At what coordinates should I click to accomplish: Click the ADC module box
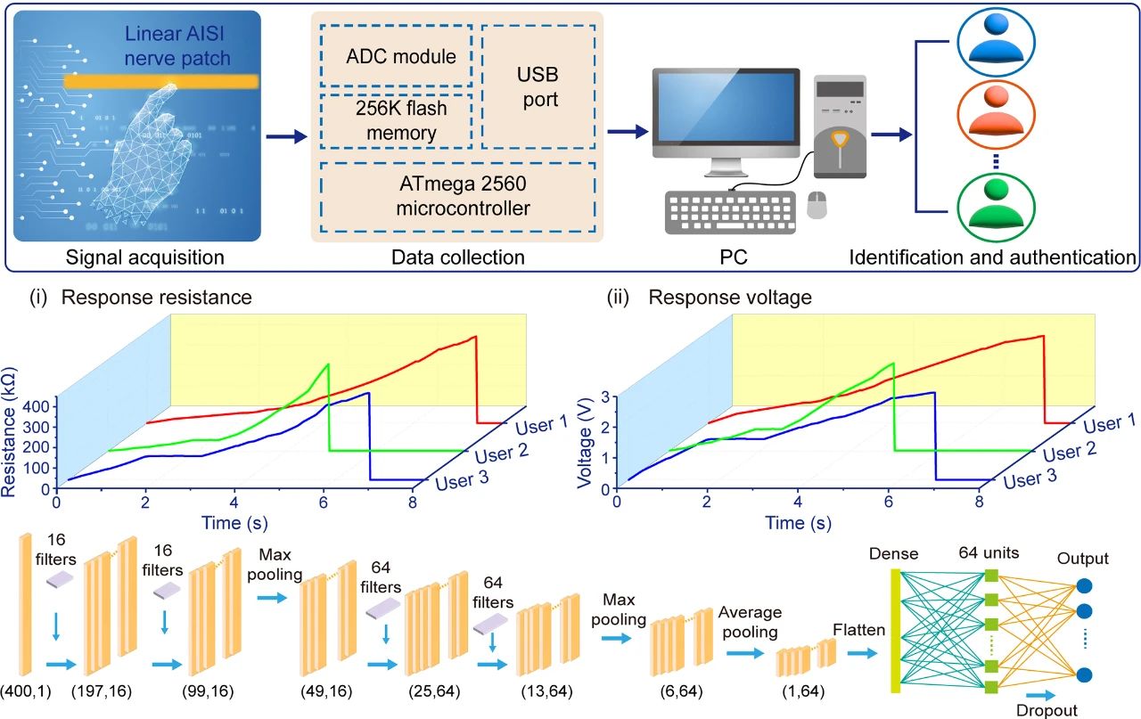click(401, 56)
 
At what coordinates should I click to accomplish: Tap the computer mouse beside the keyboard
click(816, 205)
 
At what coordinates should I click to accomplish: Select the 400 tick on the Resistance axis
click(38, 405)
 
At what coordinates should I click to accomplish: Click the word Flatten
click(859, 630)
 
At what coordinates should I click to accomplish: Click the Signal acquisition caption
click(136, 258)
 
